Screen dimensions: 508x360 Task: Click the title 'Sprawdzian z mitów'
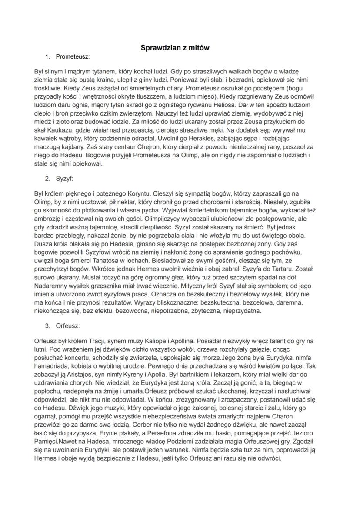[175, 48]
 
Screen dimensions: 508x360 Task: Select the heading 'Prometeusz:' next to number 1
[73, 56]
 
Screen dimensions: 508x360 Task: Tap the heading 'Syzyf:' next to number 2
[64, 178]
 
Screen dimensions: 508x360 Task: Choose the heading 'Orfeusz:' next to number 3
[67, 325]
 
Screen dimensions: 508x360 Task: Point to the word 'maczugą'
[49, 148]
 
